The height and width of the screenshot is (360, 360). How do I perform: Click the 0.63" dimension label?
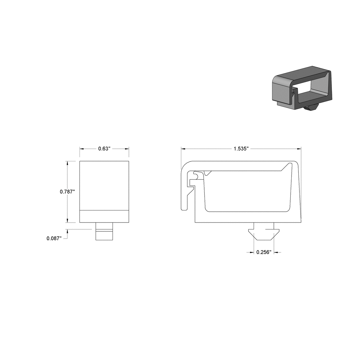pos(104,149)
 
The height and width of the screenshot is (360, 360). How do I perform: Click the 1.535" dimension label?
pos(241,149)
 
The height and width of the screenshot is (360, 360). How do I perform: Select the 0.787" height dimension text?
pos(67,192)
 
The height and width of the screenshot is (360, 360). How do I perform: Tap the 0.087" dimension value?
pos(54,239)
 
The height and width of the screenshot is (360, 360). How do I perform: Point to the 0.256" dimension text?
pos(264,252)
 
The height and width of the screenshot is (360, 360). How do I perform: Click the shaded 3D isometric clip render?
pos(302,89)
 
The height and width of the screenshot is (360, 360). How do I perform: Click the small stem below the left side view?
pos(105,231)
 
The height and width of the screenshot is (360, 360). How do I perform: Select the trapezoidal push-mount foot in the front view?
pos(264,233)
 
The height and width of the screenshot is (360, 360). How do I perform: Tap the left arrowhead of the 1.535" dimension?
pos(184,149)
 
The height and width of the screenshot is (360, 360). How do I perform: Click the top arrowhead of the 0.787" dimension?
pos(67,163)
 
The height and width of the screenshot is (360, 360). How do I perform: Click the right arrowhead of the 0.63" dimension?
pos(127,149)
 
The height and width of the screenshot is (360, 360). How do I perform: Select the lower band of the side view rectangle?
pos(104,216)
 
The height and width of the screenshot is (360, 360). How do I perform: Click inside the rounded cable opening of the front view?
pos(247,193)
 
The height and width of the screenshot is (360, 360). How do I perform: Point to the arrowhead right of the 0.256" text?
pos(276,252)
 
